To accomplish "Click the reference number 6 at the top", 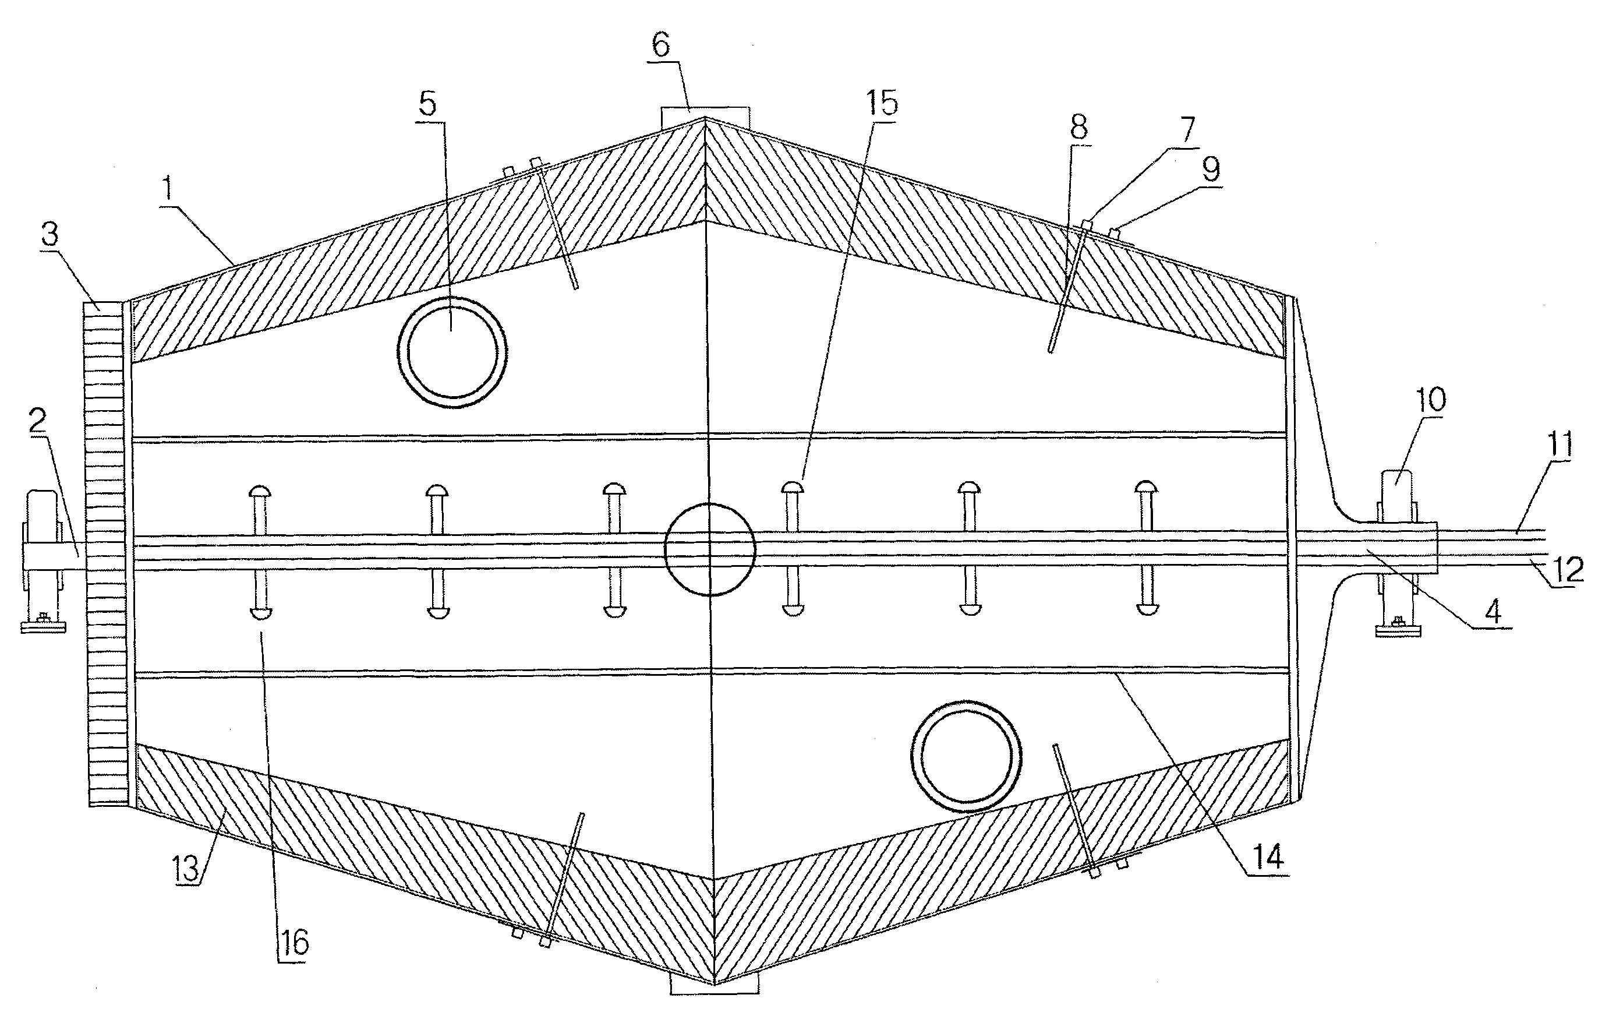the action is (x=660, y=45).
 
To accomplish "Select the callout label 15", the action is (x=882, y=103).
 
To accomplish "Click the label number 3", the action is (x=49, y=234).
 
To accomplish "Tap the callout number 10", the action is (x=1431, y=399).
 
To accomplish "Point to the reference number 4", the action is (x=1493, y=611).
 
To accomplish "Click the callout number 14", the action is (x=1267, y=856).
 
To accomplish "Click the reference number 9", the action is (x=1211, y=169).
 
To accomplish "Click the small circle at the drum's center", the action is (x=710, y=549).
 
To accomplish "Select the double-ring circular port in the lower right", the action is (x=966, y=756).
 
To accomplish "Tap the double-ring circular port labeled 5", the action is (x=452, y=352).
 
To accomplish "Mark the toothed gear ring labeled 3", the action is (x=106, y=552).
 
